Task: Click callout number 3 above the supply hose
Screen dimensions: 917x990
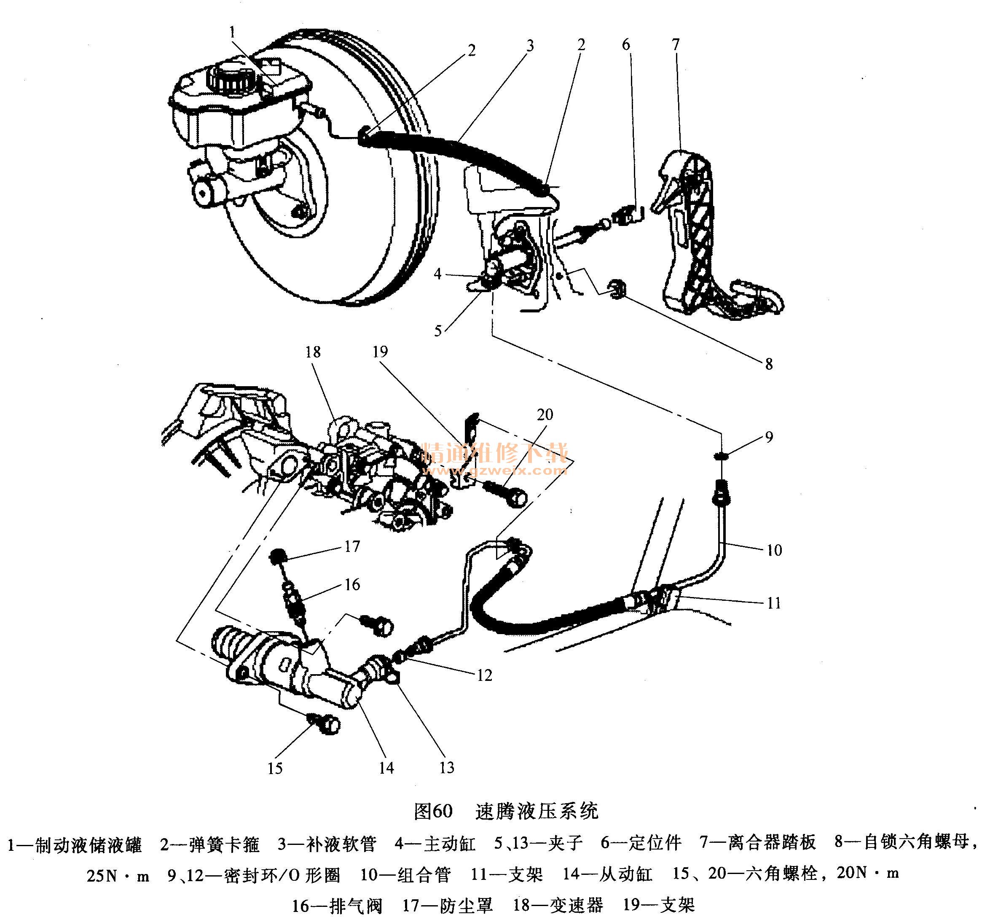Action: click(x=530, y=46)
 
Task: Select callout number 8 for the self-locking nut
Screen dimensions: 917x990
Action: click(x=768, y=364)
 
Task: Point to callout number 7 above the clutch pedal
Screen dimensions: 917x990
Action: click(x=675, y=44)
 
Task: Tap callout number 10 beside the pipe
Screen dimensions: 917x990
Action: click(x=774, y=550)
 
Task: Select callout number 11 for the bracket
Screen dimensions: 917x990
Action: click(x=774, y=603)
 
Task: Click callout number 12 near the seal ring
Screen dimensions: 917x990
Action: click(x=484, y=675)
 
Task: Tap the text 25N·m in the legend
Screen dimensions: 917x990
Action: click(x=118, y=876)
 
